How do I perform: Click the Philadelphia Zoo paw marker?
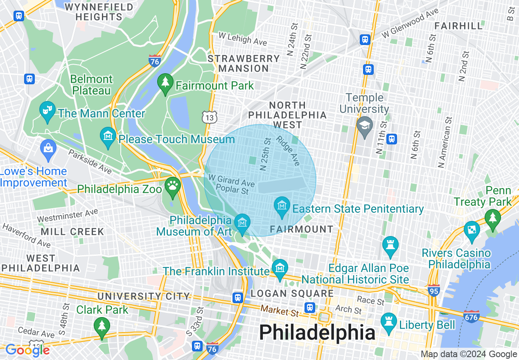[173, 186]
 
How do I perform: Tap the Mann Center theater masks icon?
[47, 110]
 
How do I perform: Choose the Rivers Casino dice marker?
[472, 229]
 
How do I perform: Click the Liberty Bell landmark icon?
[389, 322]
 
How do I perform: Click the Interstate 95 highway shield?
[433, 290]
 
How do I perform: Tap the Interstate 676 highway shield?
[472, 316]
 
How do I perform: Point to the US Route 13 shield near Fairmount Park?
[209, 117]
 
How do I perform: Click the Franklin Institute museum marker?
[280, 268]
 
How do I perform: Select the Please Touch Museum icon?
[108, 136]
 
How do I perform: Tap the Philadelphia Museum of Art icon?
[243, 223]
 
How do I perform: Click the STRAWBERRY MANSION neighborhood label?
[244, 63]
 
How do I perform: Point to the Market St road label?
[280, 311]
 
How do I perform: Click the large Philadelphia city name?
[317, 333]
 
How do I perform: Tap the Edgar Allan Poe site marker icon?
[390, 245]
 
